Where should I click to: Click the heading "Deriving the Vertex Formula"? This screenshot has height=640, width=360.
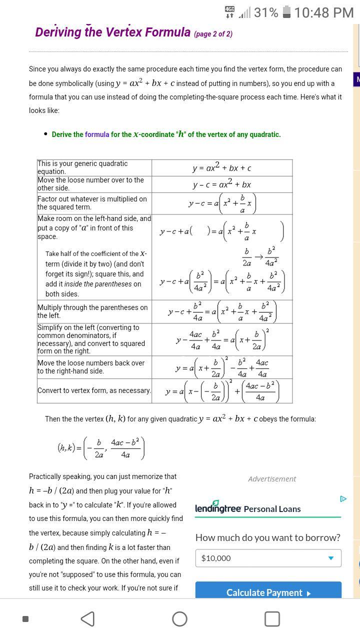tap(112, 32)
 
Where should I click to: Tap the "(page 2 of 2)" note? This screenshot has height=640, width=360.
tap(213, 34)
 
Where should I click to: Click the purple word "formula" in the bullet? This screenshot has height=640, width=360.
tap(97, 134)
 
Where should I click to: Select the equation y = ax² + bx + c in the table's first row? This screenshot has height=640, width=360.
tap(222, 168)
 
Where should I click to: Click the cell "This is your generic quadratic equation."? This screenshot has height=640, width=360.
tap(94, 167)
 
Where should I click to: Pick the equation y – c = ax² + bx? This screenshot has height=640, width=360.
tap(222, 184)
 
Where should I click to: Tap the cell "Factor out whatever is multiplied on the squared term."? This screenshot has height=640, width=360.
tap(94, 203)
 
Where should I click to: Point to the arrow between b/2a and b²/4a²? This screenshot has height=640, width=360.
tap(259, 257)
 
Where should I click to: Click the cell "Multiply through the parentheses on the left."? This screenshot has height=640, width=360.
tap(94, 311)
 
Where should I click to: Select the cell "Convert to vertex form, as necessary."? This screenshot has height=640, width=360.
tap(94, 390)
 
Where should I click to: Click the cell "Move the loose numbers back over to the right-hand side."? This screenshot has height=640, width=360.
tap(94, 367)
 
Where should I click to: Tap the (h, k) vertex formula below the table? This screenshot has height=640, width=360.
tap(101, 448)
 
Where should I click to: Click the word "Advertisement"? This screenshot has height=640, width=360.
tap(272, 479)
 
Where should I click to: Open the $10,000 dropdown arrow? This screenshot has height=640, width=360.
tap(330, 558)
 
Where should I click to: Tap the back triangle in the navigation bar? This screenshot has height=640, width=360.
tap(87, 619)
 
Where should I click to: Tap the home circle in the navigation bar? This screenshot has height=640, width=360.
tap(179, 619)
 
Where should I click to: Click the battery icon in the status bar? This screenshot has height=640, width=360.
tap(286, 12)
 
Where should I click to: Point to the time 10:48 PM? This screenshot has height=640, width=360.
tap(324, 12)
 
